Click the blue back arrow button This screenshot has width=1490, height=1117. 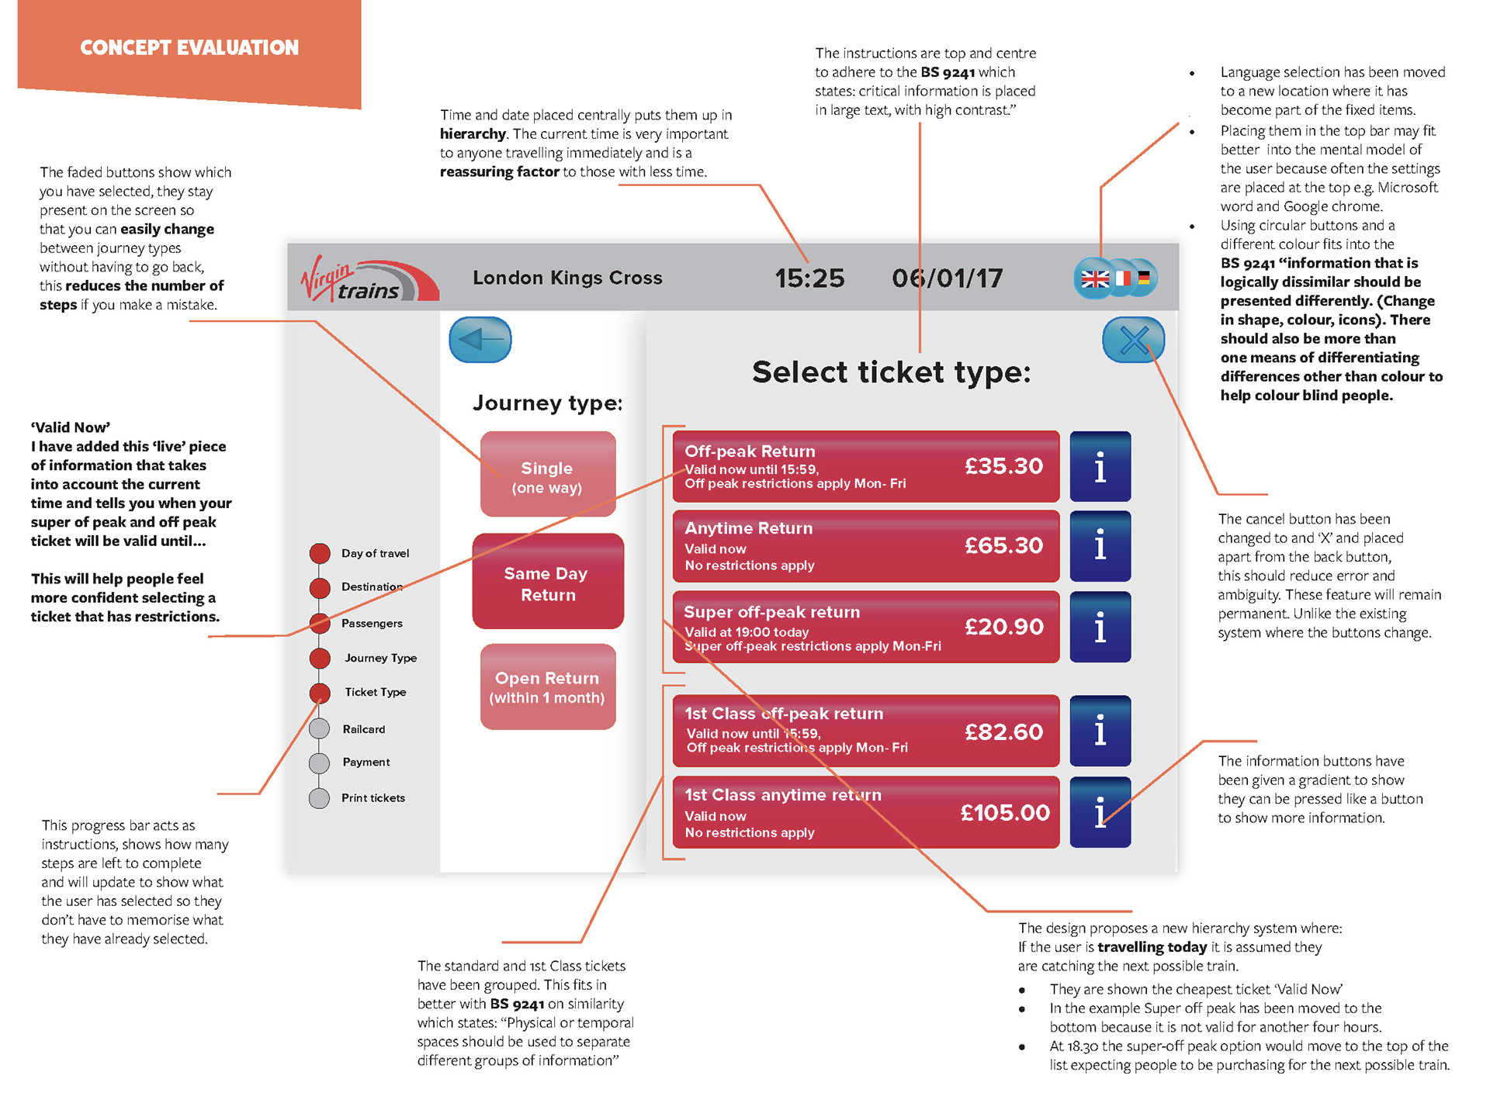click(x=480, y=340)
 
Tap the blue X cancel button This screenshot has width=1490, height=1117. click(x=1134, y=340)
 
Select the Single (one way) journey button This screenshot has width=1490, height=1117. click(x=548, y=474)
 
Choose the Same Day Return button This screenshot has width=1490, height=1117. click(x=548, y=581)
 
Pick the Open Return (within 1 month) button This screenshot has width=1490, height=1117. click(x=548, y=686)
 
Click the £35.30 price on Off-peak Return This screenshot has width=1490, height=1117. click(x=1004, y=466)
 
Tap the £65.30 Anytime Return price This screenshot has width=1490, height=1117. click(x=1004, y=546)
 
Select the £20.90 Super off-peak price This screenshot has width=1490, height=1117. click(x=1004, y=627)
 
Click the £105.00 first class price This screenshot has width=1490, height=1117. click(x=1005, y=813)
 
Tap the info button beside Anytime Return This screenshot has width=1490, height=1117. click(x=1100, y=546)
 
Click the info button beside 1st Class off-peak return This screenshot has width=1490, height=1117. click(x=1100, y=731)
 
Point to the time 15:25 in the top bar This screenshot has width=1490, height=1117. click(x=809, y=278)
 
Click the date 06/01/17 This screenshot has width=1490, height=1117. click(x=948, y=278)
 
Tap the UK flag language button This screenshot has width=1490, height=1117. click(x=1095, y=278)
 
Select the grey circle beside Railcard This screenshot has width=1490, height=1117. click(x=319, y=729)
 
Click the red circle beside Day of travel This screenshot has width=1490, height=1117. click(x=320, y=553)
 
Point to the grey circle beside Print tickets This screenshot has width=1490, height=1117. click(x=319, y=798)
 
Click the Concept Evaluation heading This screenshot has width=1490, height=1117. click(x=189, y=48)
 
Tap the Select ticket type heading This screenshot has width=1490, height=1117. click(x=892, y=373)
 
